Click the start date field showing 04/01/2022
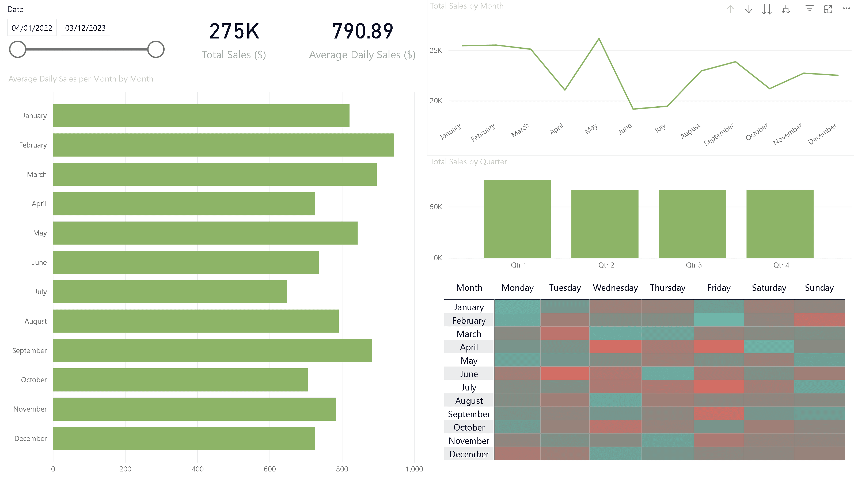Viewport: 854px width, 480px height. pos(32,28)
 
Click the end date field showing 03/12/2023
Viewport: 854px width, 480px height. pos(85,28)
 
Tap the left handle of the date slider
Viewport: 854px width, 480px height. pos(18,49)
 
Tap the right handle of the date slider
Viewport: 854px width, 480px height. pos(156,49)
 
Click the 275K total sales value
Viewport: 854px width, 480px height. pos(234,32)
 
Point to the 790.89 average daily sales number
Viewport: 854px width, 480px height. pos(362,32)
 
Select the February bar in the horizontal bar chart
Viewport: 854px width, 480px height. pos(223,145)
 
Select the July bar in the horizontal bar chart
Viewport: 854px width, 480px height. pos(169,292)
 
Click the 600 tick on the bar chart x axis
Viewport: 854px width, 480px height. pos(270,469)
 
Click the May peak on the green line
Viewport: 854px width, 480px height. pos(599,39)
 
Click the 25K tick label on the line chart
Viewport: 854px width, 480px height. pos(436,51)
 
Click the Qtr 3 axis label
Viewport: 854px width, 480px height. pos(693,265)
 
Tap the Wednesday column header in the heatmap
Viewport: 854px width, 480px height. pos(615,288)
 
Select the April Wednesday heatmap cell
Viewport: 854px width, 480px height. pos(615,347)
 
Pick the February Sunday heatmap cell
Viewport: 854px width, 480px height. pos(819,320)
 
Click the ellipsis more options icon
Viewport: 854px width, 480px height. pos(846,9)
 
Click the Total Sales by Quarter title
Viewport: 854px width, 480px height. pos(468,161)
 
